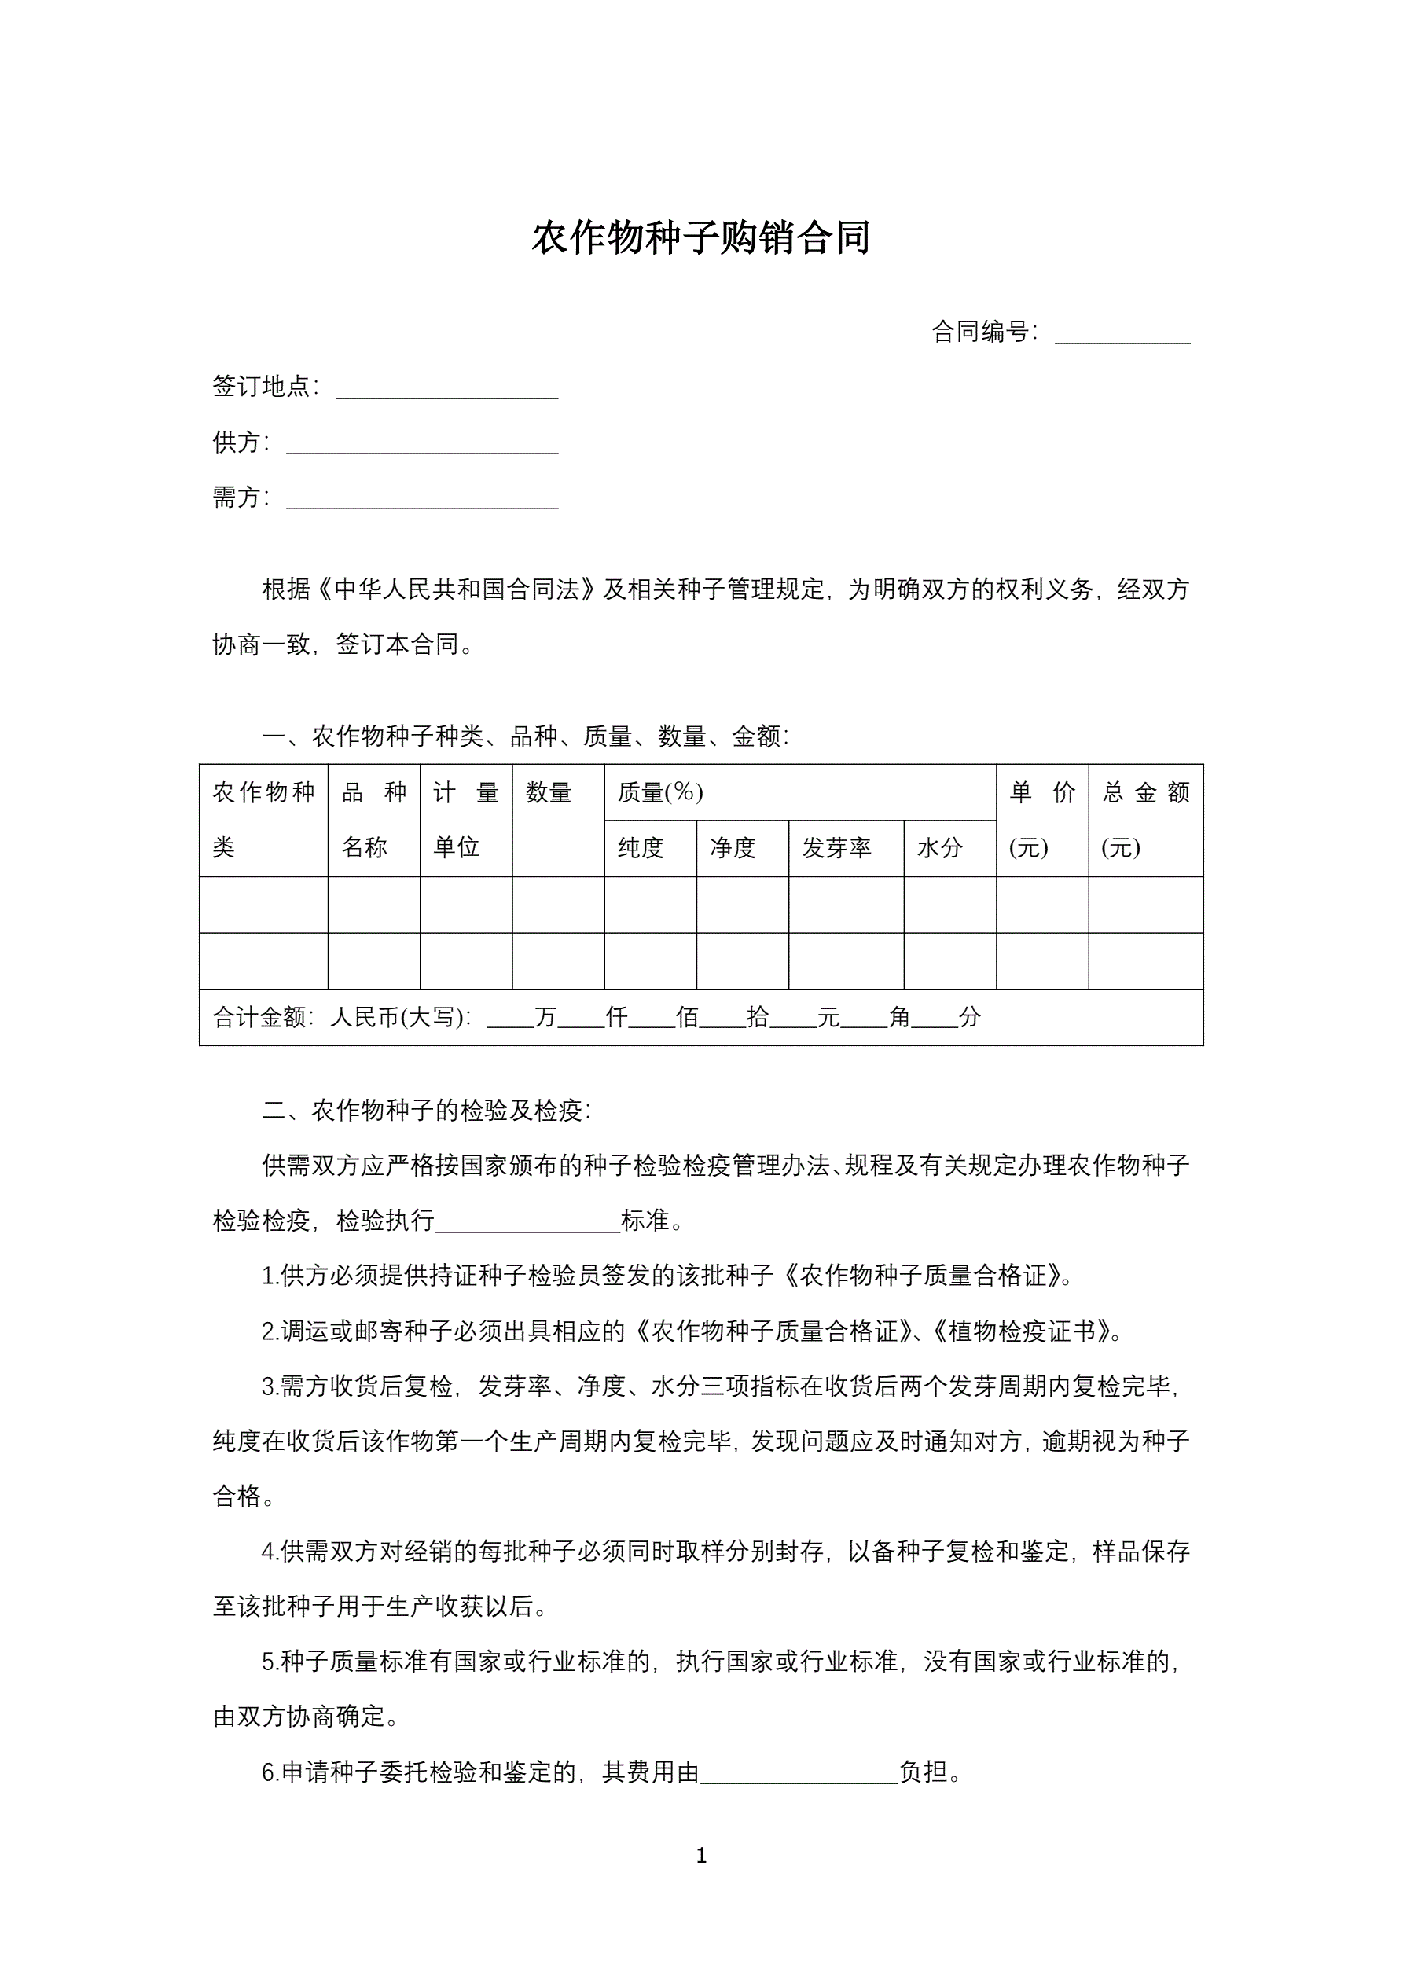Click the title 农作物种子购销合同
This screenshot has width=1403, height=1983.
pos(700,238)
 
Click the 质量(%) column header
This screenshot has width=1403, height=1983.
pos(660,792)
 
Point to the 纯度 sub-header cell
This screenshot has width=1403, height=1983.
pos(641,848)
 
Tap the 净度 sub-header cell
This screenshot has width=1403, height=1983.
pos(733,848)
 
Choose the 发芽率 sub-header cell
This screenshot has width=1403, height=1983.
pos(836,848)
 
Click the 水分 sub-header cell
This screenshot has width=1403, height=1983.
pos(939,848)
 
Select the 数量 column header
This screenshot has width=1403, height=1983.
pos(549,792)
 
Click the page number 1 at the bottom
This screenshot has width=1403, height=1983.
pos(701,1855)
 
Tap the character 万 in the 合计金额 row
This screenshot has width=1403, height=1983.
pos(545,1017)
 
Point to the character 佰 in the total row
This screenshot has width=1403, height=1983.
pos(687,1017)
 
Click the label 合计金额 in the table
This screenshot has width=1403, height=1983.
pos(259,1017)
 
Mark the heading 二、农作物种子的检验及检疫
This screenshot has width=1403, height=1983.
pos(426,1111)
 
